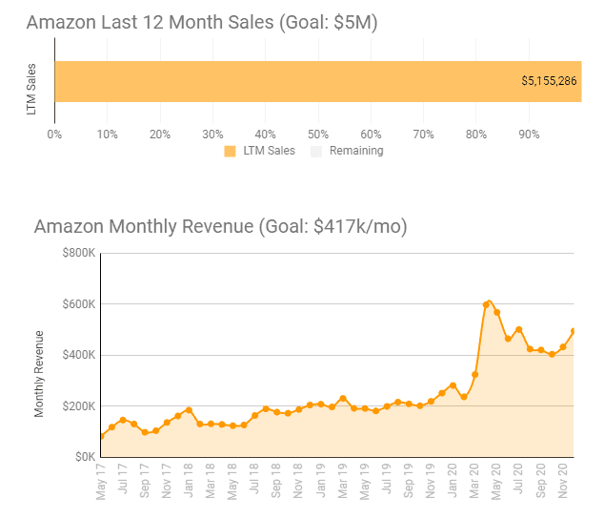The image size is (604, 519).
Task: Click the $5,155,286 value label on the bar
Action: pyautogui.click(x=549, y=81)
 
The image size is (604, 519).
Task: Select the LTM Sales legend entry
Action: pyautogui.click(x=268, y=151)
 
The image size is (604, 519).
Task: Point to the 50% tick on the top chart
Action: pyautogui.click(x=319, y=134)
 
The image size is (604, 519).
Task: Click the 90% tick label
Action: pyautogui.click(x=530, y=134)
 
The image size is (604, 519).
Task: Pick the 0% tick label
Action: pyautogui.click(x=55, y=134)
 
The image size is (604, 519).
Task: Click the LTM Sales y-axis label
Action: pyautogui.click(x=32, y=90)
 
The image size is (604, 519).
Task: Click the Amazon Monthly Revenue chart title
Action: pyautogui.click(x=220, y=226)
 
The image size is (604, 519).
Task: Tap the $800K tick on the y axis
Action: pyautogui.click(x=79, y=254)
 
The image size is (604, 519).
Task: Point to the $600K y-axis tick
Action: pyautogui.click(x=79, y=304)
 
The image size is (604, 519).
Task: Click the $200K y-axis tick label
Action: pyautogui.click(x=79, y=406)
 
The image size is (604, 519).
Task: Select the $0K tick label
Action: pyautogui.click(x=85, y=457)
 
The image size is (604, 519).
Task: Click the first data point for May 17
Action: pyautogui.click(x=101, y=436)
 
